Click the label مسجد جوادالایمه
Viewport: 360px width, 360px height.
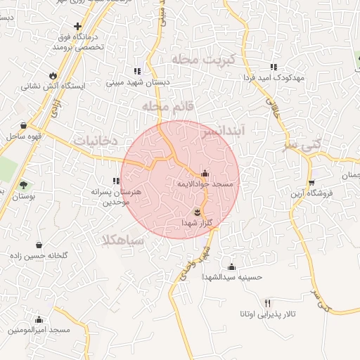tap(208, 184)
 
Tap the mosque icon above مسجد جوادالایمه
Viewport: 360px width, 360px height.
tap(205, 173)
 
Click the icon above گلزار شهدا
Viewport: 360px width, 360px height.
tap(198, 212)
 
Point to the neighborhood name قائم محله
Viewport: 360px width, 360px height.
tap(167, 105)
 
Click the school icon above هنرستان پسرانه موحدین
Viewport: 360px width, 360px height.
tap(117, 181)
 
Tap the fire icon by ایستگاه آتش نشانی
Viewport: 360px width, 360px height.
tap(53, 75)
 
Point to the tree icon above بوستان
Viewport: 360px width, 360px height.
tap(24, 186)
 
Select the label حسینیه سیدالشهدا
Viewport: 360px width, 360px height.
tap(231, 277)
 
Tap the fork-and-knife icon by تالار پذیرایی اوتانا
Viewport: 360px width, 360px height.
tap(266, 302)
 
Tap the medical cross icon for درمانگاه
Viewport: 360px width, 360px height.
tap(87, 27)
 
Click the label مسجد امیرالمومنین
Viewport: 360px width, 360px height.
tap(40, 330)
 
